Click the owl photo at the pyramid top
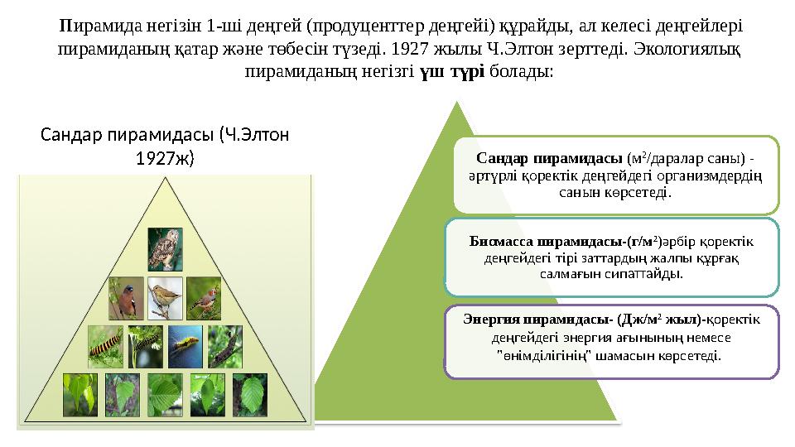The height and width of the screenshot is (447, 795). pyautogui.click(x=166, y=249)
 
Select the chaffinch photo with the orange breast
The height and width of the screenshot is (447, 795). pyautogui.click(x=126, y=298)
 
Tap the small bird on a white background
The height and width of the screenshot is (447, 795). pyautogui.click(x=165, y=298)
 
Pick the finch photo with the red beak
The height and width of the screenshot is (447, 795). pyautogui.click(x=204, y=298)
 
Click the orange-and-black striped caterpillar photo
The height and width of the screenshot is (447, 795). pyautogui.click(x=105, y=346)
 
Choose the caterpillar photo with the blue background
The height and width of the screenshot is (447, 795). pyautogui.click(x=185, y=346)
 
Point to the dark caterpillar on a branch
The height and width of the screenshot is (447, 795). pyautogui.click(x=224, y=346)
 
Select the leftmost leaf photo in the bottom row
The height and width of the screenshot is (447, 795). pyautogui.click(x=80, y=395)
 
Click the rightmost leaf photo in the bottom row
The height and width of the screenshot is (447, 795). pyautogui.click(x=249, y=395)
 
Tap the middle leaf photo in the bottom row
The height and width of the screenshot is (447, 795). pyautogui.click(x=165, y=395)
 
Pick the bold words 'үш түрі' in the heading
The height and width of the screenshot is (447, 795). pyautogui.click(x=452, y=71)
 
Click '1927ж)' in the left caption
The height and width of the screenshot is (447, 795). pyautogui.click(x=165, y=156)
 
